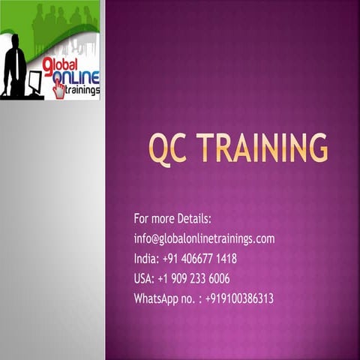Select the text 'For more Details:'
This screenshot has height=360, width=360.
172,219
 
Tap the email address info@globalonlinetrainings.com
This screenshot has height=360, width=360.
204,239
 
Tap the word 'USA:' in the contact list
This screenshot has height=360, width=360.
144,278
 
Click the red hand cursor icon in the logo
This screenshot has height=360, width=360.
58,89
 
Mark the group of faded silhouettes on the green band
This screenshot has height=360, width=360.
64,19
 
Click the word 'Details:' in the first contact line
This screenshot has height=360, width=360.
193,219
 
